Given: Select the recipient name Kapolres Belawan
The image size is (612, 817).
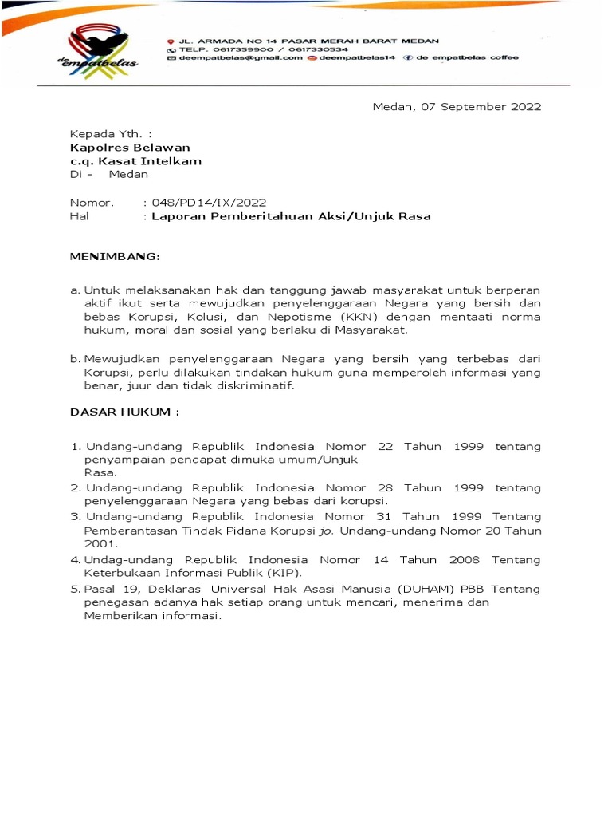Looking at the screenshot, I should tap(131, 147).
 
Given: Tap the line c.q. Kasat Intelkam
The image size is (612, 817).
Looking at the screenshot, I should tap(135, 160).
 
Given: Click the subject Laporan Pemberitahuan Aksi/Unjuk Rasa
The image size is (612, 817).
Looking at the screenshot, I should tap(291, 216).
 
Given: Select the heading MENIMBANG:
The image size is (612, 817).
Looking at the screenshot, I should tap(115, 257).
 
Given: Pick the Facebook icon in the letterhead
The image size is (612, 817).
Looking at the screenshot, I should tap(407, 57).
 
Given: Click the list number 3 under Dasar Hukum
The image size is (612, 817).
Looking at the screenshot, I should tap(75, 516).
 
